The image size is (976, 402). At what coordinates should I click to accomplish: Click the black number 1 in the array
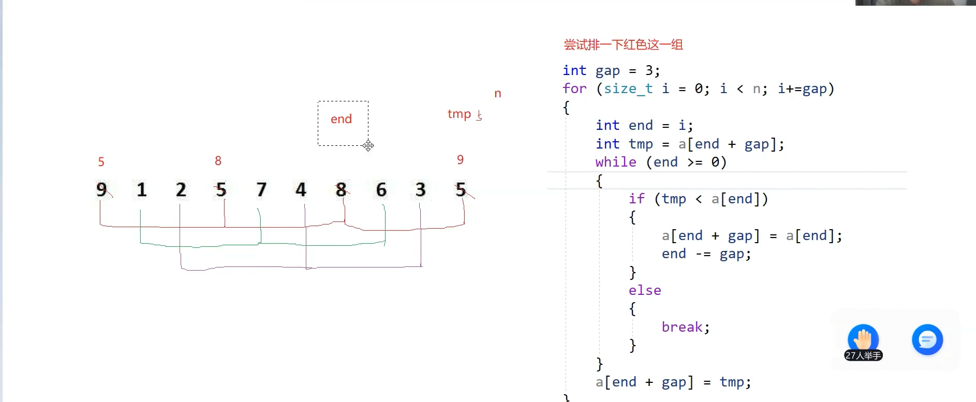[x=141, y=190]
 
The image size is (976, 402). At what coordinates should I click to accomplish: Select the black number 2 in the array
[x=181, y=190]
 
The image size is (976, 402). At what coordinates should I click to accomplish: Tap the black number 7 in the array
[x=261, y=190]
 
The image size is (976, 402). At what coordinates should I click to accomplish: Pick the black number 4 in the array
[x=301, y=190]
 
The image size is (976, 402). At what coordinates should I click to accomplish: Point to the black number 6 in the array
[x=381, y=190]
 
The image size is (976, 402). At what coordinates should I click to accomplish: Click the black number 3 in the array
[x=421, y=190]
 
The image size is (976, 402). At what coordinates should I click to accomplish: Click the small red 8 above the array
[x=218, y=161]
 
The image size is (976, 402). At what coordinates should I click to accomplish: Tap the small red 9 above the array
[x=460, y=160]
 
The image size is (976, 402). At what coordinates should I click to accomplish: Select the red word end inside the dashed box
[x=341, y=119]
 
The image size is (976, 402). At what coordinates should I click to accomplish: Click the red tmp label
[x=459, y=114]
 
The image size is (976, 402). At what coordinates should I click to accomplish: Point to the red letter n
[x=498, y=94]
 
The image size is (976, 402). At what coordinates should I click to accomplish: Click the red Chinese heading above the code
[x=623, y=45]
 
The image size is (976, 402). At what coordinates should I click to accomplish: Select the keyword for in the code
[x=574, y=88]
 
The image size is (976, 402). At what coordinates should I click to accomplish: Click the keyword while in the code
[x=615, y=162]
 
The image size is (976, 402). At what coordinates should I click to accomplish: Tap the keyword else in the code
[x=645, y=290]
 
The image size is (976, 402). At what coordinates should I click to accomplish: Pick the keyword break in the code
[x=682, y=327]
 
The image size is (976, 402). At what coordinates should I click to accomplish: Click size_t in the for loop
[x=628, y=88]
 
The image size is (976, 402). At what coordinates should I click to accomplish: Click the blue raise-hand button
[x=863, y=339]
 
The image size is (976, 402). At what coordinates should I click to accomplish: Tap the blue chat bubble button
[x=927, y=339]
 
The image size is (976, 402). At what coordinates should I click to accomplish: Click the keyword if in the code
[x=637, y=199]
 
